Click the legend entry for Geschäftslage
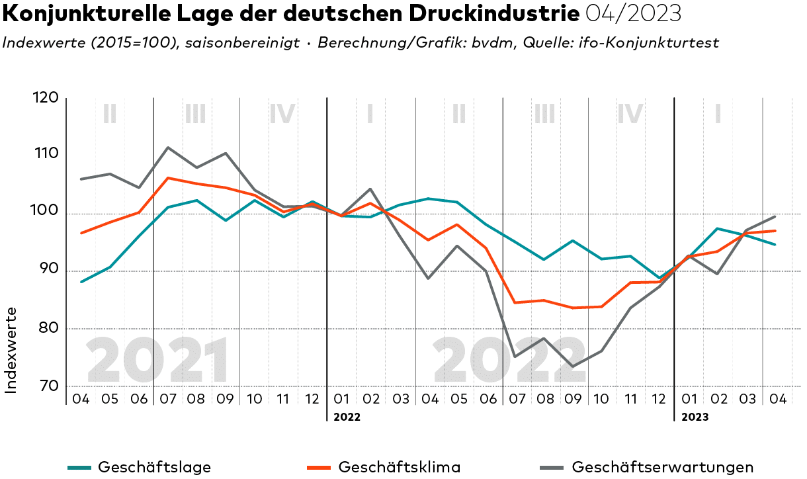coord(154,467)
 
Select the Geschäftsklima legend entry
coord(400,467)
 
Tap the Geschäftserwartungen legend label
coord(661,467)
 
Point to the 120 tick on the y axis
coord(45,98)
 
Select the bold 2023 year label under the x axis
coord(695,417)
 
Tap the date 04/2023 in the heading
coord(634,14)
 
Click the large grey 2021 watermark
coord(158,361)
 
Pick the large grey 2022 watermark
coord(509,361)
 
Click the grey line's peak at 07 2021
coord(168,148)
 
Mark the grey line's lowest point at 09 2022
coord(572,367)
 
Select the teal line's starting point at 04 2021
coord(81,282)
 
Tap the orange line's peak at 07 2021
coord(168,178)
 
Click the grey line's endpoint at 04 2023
coord(775,216)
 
